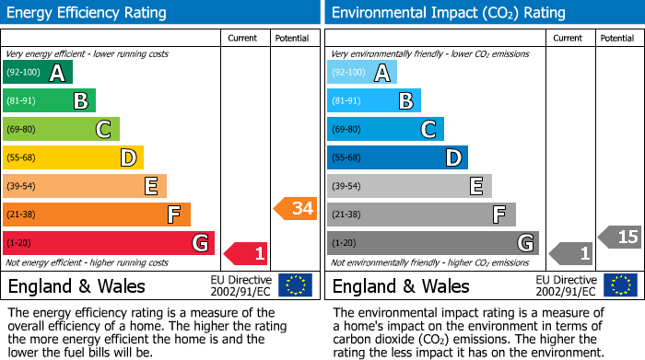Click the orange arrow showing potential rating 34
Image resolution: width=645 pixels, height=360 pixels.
pyautogui.click(x=296, y=209)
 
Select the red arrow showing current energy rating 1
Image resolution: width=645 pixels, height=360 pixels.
pyautogui.click(x=247, y=252)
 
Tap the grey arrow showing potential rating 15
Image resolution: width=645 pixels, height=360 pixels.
pyautogui.click(x=620, y=238)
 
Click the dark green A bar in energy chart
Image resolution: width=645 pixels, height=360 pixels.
pyautogui.click(x=38, y=73)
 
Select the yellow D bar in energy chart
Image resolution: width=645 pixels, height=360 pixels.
pyautogui.click(x=73, y=157)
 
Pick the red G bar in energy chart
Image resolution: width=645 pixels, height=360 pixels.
pyautogui.click(x=108, y=243)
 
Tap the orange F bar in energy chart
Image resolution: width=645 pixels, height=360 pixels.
pyautogui.click(x=97, y=215)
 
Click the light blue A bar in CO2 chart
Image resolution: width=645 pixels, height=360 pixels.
pyautogui.click(x=362, y=73)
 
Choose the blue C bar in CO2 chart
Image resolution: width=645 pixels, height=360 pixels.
pyautogui.click(x=385, y=129)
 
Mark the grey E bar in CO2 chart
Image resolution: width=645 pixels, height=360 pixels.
pyautogui.click(x=408, y=186)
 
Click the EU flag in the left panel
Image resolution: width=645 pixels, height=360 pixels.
pyautogui.click(x=296, y=285)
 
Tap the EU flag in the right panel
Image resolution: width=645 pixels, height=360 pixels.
pyautogui.click(x=620, y=285)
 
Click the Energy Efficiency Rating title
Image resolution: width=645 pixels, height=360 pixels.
pyautogui.click(x=88, y=13)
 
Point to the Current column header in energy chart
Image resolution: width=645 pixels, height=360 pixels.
pyautogui.click(x=244, y=39)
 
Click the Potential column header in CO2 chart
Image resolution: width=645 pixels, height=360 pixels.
pyautogui.click(x=617, y=39)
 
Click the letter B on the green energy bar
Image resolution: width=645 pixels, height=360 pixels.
pyautogui.click(x=80, y=101)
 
